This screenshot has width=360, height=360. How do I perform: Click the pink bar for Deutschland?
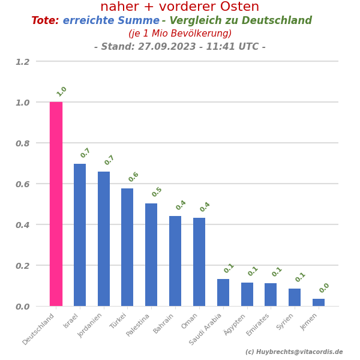pos(56,204)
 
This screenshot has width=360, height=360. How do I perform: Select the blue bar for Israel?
pos(80,235)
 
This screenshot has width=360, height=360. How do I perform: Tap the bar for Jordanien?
pos(104,239)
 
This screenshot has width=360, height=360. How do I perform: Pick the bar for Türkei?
pos(127,247)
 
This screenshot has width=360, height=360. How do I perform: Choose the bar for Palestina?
pos(151,255)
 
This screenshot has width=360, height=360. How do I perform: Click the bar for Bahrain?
pos(175,261)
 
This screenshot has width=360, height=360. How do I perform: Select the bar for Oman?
pos(199,262)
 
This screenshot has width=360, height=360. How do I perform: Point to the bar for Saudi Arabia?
pos(223,293)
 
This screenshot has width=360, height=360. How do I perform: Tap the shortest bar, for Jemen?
pos(319,302)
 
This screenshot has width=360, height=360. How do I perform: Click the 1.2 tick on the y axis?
pos(22,62)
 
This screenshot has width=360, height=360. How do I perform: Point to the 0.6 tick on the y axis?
pos(22,184)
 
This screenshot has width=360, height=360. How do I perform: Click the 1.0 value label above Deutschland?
pos(62,91)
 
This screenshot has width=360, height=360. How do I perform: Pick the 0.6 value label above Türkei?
pos(133,177)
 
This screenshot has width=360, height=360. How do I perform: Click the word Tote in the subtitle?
pos(45,21)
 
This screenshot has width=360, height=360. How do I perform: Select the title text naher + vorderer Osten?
pos(180,7)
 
